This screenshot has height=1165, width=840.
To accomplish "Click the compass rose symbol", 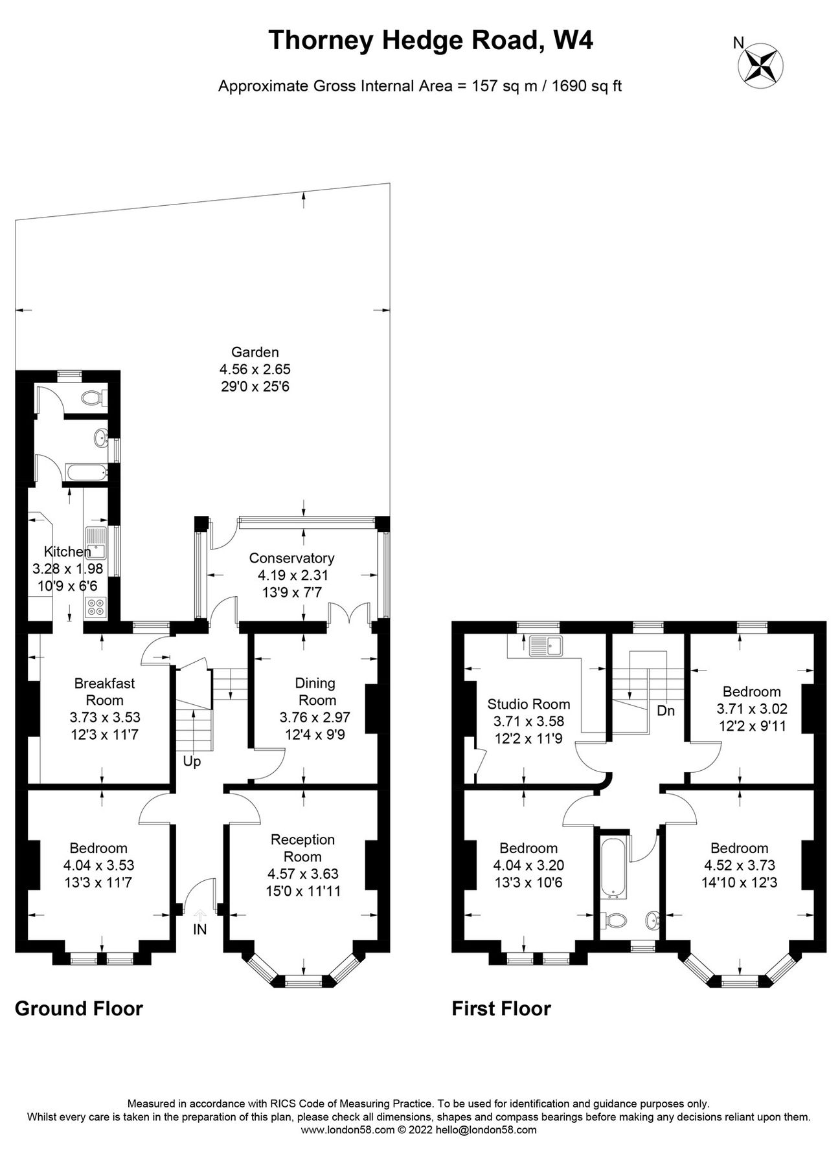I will [761, 64].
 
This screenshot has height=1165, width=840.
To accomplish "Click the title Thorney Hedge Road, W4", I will [430, 41].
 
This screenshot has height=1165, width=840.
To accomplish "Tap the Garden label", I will [255, 352].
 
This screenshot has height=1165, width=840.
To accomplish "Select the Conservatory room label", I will [291, 558].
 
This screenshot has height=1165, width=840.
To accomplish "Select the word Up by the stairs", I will [192, 761].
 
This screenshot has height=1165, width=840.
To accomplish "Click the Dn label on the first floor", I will [666, 711].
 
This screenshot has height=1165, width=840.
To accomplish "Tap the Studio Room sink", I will [547, 645].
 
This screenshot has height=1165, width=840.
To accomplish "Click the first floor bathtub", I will [612, 869].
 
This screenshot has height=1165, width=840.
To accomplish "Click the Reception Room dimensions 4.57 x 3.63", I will [302, 874].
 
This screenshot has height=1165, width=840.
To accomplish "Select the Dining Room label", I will [315, 691].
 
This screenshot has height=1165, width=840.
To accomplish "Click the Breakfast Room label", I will [104, 691].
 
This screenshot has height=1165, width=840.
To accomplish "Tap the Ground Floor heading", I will [78, 1008].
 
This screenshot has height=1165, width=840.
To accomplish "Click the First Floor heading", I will [501, 1008].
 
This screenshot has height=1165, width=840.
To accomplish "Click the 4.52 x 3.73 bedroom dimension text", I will [739, 865].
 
